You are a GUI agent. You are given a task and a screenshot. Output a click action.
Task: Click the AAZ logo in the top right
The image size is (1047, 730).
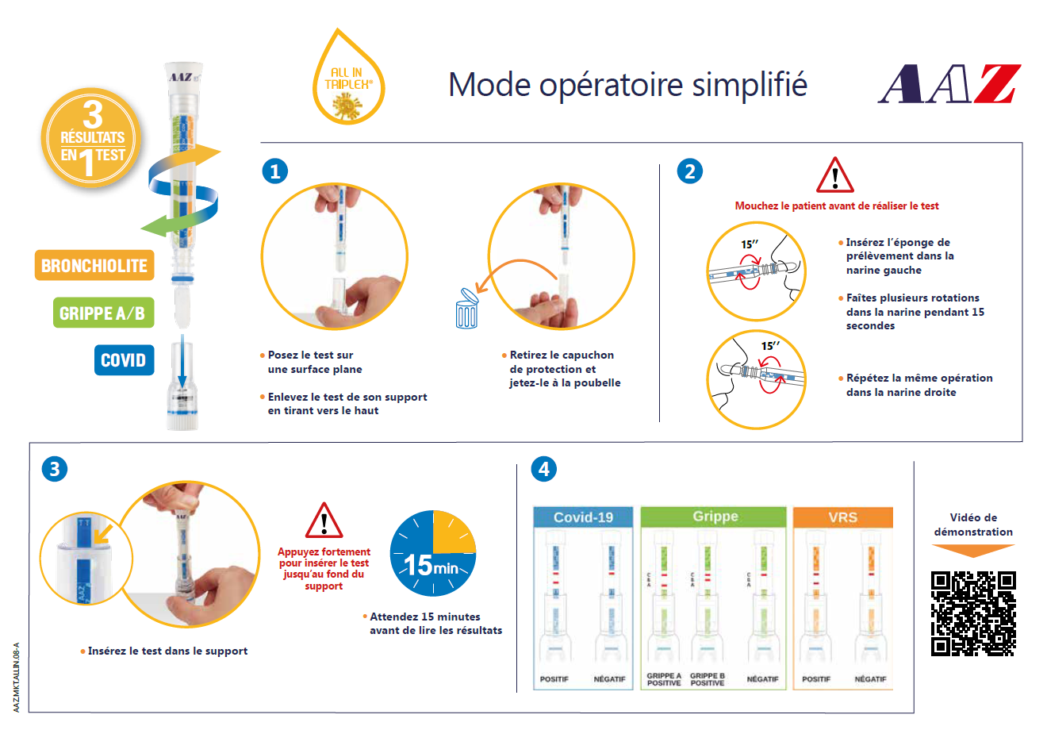[x=949, y=83]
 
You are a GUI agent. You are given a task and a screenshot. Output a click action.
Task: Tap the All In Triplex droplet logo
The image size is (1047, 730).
[x=349, y=77]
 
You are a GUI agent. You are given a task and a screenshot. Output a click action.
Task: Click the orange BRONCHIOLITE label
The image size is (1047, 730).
[x=94, y=265]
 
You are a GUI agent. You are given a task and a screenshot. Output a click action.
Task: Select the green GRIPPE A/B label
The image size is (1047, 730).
[x=103, y=313]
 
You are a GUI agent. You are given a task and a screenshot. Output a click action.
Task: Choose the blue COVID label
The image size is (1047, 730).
[x=124, y=359]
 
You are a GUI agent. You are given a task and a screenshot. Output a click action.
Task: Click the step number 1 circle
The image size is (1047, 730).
[x=274, y=171]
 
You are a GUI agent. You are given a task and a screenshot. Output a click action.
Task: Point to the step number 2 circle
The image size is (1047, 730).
[x=690, y=171]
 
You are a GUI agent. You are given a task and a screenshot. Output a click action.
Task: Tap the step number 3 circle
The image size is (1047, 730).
[x=55, y=469]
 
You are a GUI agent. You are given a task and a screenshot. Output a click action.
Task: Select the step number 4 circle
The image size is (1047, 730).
[x=544, y=469]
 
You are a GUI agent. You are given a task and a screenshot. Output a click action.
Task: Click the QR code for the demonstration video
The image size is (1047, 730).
[x=973, y=613]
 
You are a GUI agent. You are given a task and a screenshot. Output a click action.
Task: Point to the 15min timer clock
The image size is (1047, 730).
[x=433, y=553]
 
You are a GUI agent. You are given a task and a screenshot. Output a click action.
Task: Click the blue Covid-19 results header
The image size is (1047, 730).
[x=583, y=517]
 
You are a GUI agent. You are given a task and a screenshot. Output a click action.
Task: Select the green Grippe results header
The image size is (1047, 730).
[x=714, y=517]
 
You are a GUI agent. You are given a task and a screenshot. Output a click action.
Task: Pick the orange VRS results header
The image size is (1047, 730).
[x=843, y=517]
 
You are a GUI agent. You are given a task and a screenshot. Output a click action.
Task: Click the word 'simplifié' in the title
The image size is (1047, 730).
[x=750, y=85]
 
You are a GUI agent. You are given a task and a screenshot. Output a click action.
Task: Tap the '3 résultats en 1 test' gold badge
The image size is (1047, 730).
[x=92, y=138]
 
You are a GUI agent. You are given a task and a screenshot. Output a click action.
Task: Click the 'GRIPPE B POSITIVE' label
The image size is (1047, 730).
[x=708, y=679]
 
